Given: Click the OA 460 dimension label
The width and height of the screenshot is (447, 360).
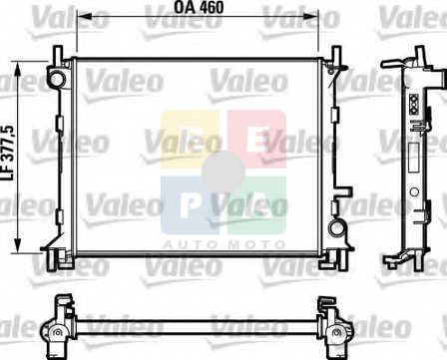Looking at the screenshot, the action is click(x=199, y=7).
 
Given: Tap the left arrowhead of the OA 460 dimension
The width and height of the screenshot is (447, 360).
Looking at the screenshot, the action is click(x=84, y=16).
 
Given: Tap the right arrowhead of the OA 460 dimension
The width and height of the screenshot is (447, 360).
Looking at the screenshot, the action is click(x=310, y=16).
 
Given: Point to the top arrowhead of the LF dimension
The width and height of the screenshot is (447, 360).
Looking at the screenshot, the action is click(x=19, y=69).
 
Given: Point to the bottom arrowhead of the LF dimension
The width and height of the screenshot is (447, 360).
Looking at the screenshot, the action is click(x=19, y=245).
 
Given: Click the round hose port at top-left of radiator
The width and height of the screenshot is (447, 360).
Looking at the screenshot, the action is click(x=57, y=79).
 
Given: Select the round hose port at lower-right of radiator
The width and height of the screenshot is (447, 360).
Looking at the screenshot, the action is click(x=336, y=227).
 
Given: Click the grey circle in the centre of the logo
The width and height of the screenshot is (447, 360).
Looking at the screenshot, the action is click(x=223, y=172).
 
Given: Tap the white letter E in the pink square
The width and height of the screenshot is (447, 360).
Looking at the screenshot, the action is click(x=257, y=140).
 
